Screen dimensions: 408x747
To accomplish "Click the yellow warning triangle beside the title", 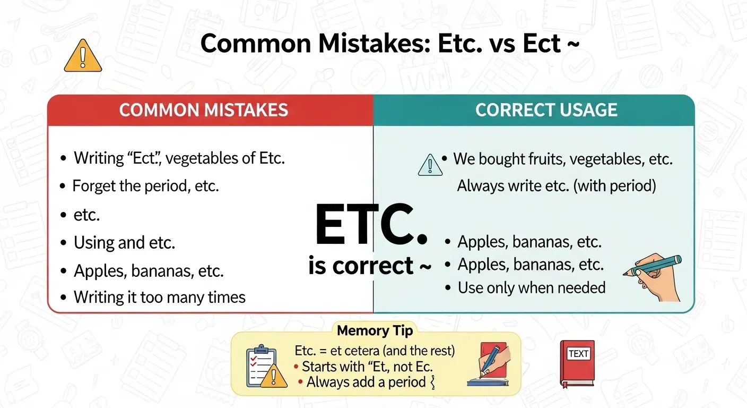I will click(83, 56).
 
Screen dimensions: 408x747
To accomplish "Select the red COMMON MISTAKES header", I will click(204, 110).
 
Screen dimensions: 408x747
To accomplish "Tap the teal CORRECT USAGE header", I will click(546, 110).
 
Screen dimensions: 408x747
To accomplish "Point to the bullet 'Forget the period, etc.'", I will click(145, 186).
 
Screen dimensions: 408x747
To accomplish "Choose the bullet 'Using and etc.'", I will click(124, 243).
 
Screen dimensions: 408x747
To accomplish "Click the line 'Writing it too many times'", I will click(159, 297).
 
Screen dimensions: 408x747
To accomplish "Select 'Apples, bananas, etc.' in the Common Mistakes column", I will click(149, 271).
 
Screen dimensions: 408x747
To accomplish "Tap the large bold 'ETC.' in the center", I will click(371, 226).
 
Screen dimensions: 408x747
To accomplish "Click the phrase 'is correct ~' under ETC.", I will click(370, 266).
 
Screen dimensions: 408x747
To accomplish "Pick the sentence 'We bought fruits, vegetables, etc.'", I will click(562, 159).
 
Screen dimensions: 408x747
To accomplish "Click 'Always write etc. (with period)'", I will click(557, 186).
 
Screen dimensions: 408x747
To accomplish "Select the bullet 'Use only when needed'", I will click(531, 288).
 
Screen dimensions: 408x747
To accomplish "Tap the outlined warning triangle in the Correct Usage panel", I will click(430, 165).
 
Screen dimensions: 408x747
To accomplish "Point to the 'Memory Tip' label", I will click(375, 330).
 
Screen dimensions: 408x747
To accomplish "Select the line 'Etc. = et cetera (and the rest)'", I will click(375, 351).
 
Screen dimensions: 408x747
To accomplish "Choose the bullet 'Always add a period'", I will click(366, 382).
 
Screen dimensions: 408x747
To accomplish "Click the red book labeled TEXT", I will click(577, 363).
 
